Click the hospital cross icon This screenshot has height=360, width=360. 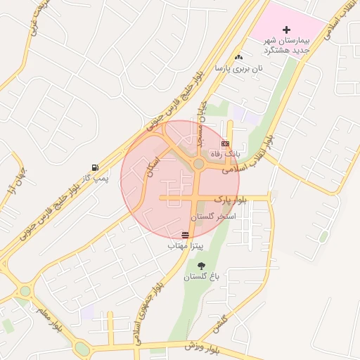pyautogui.click(x=286, y=30)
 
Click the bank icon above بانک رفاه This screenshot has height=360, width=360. pyautogui.click(x=225, y=143)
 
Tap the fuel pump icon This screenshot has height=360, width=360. pyautogui.click(x=94, y=167)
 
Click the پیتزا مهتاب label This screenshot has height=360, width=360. pyautogui.click(x=186, y=247)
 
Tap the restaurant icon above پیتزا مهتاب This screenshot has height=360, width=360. pyautogui.click(x=186, y=235)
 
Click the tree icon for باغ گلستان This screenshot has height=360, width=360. pyautogui.click(x=202, y=266)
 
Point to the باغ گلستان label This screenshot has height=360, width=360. pyautogui.click(x=202, y=277)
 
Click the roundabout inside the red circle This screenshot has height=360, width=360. pyautogui.click(x=198, y=164)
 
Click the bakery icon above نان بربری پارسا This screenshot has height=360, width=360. pyautogui.click(x=240, y=57)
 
